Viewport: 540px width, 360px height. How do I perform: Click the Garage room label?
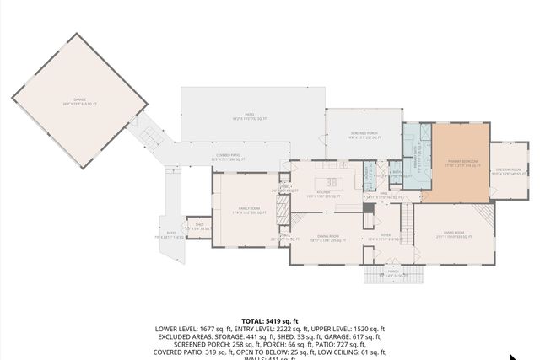click(79, 102)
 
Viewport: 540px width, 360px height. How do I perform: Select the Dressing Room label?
click(509, 172)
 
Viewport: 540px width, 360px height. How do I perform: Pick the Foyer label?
click(385, 237)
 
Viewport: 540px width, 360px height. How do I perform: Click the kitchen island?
click(331, 181)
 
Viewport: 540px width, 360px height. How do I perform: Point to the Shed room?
click(199, 227)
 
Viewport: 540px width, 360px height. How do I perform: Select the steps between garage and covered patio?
click(151, 135)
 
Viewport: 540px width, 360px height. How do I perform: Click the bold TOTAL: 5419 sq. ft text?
click(270, 321)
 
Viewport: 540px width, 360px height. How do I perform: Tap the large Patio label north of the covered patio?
click(250, 120)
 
